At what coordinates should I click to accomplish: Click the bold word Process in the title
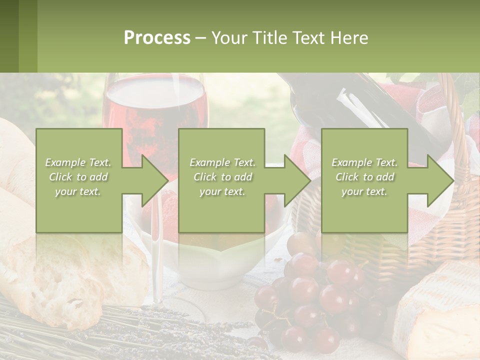click(157, 38)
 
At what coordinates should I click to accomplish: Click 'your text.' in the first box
click(78, 191)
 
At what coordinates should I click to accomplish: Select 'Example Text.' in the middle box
click(222, 162)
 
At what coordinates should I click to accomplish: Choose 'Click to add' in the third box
click(365, 177)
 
